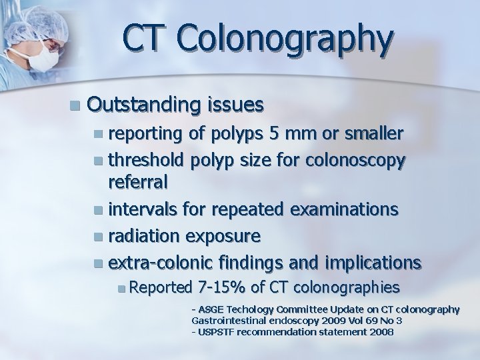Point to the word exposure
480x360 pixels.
pos(224,236)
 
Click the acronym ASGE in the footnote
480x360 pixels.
pos(209,309)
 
